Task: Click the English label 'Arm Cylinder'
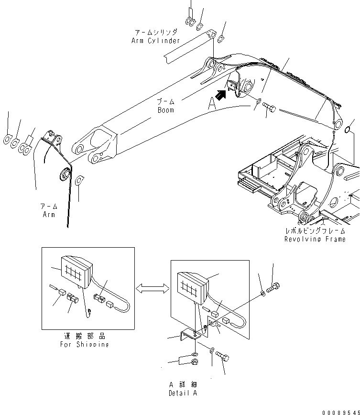[x=155, y=41]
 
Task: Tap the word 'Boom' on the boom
[x=165, y=110]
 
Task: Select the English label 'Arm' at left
[x=48, y=214]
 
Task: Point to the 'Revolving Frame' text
[x=315, y=239]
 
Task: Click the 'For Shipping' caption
[x=84, y=344]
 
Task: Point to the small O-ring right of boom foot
[x=349, y=129]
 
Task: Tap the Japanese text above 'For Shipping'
[x=84, y=336]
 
